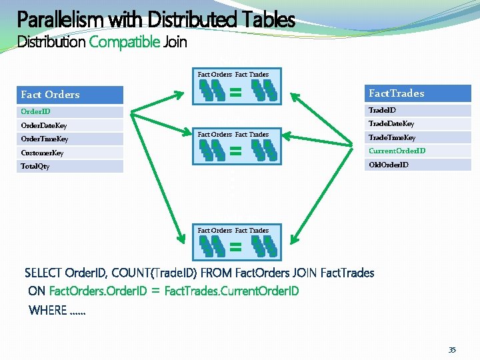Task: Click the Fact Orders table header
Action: tap(71, 95)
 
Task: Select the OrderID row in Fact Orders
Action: tap(71, 112)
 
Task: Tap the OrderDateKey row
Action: tap(71, 125)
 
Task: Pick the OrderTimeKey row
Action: tap(71, 139)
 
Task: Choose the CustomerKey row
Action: tap(71, 153)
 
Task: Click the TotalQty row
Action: tap(71, 166)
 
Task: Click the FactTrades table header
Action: tap(417, 93)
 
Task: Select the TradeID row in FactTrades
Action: tap(417, 110)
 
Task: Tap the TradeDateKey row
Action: tap(417, 123)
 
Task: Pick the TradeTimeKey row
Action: tap(417, 137)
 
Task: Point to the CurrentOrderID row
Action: tap(417, 151)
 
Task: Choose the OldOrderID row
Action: tap(417, 164)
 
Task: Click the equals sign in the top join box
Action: tap(235, 93)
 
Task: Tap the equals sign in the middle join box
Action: tap(235, 151)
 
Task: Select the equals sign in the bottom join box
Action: tap(235, 248)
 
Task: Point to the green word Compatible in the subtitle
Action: tap(124, 43)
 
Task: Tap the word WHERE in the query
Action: tap(48, 310)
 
